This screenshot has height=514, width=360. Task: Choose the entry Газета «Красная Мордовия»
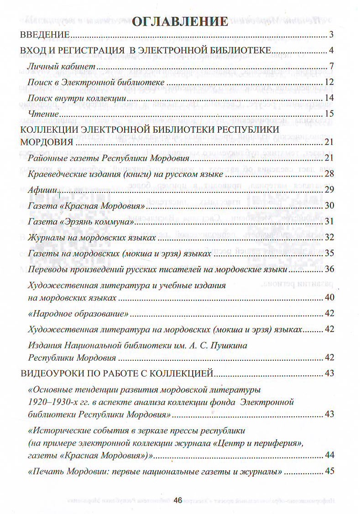pyautogui.click(x=87, y=206)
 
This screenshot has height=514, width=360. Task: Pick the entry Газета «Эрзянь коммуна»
pyautogui.click(x=81, y=221)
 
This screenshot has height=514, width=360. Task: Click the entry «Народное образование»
pyautogui.click(x=77, y=313)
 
